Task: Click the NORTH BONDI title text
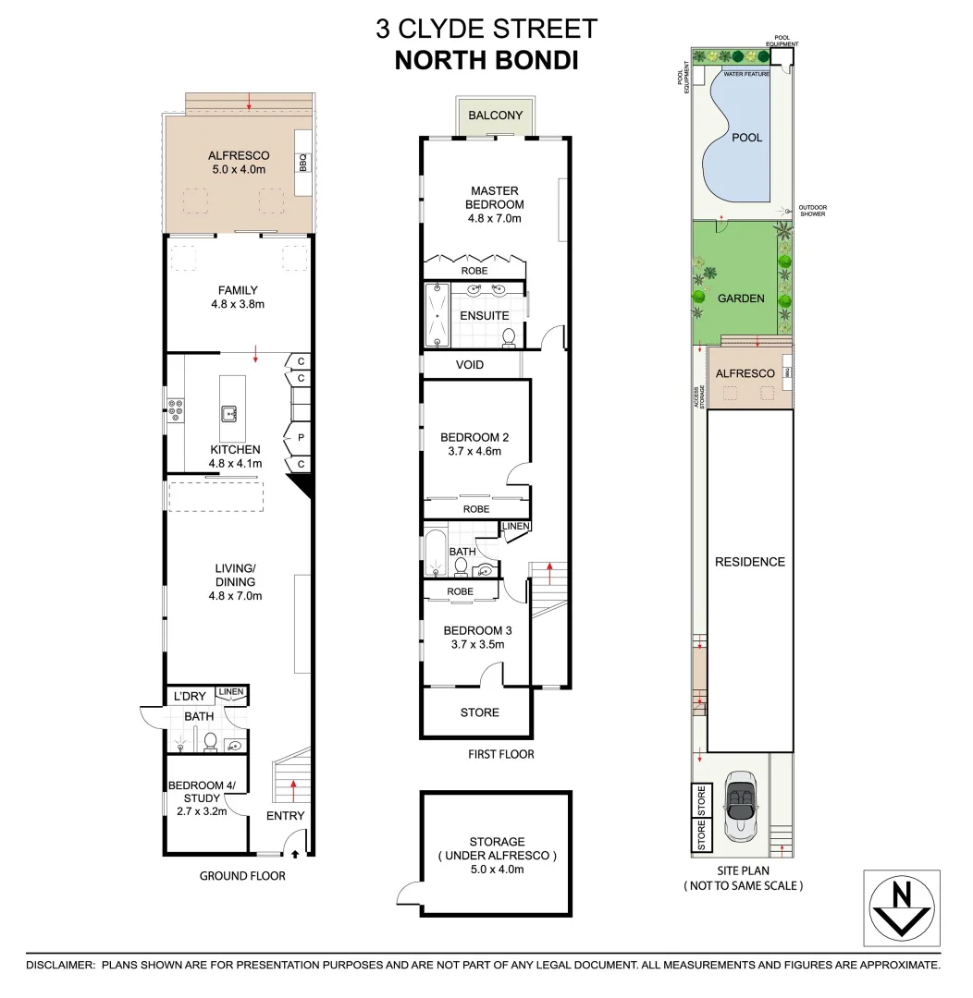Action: [486, 60]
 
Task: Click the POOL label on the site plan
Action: [746, 138]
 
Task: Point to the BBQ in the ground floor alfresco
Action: [302, 163]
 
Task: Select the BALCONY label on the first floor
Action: [495, 116]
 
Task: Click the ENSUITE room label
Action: [484, 316]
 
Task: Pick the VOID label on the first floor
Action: [469, 365]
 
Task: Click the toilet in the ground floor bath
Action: [210, 741]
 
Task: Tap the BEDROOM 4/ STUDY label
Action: [202, 792]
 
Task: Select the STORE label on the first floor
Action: [479, 712]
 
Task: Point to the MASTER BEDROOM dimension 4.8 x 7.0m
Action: [494, 219]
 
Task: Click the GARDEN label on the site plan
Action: [741, 298]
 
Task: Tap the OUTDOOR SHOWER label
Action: [813, 211]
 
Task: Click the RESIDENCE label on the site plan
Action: [749, 562]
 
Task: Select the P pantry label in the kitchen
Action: [302, 436]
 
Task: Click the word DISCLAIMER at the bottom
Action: [59, 965]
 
